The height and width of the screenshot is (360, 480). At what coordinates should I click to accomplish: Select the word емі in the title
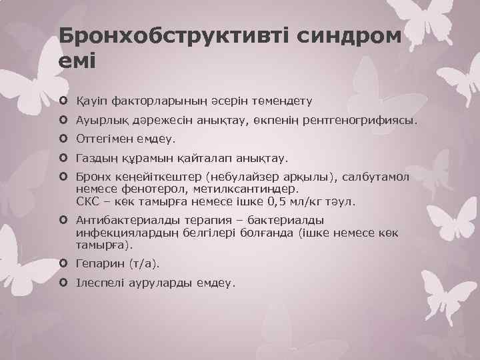click(77, 61)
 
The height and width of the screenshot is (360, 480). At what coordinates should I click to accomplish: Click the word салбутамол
click(377, 178)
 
